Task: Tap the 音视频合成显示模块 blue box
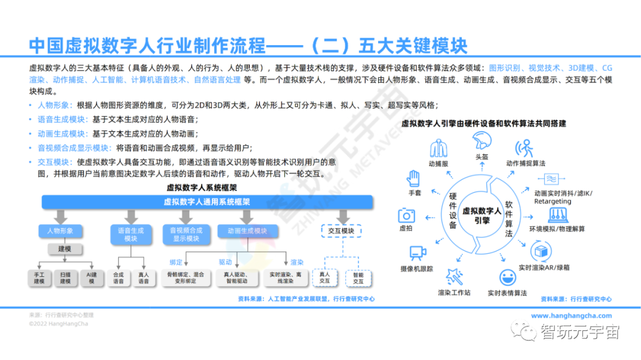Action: pyautogui.click(x=186, y=234)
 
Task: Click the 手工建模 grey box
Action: pyautogui.click(x=39, y=278)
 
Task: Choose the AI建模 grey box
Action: pyautogui.click(x=91, y=278)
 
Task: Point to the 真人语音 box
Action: pyautogui.click(x=144, y=278)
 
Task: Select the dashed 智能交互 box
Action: pyautogui.click(x=358, y=278)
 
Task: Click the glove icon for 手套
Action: pyautogui.click(x=414, y=178)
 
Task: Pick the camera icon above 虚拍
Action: pyautogui.click(x=407, y=215)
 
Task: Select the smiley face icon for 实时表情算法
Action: pyautogui.click(x=507, y=277)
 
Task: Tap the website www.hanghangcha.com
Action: pyautogui.click(x=571, y=316)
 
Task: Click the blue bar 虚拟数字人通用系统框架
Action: pyautogui.click(x=207, y=202)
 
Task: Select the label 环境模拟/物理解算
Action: pyautogui.click(x=556, y=229)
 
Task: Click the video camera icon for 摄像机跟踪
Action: pyautogui.click(x=418, y=254)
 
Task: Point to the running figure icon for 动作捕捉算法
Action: pyautogui.click(x=525, y=146)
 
